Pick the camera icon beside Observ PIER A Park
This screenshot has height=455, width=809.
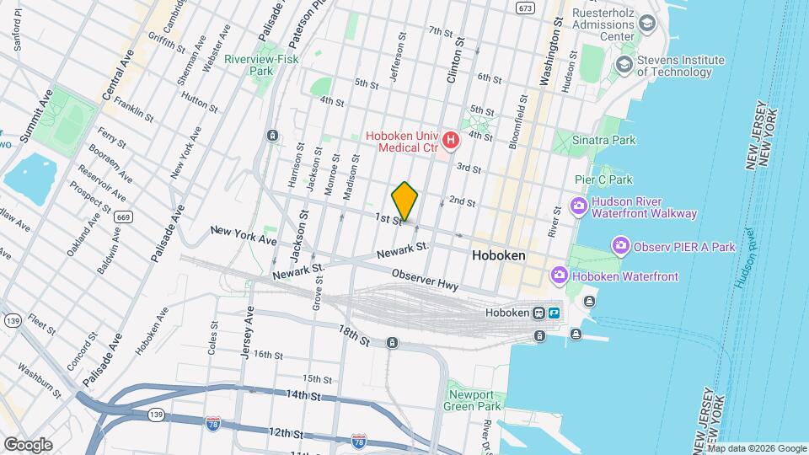pyautogui.click(x=621, y=246)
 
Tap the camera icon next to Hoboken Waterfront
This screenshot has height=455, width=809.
pyautogui.click(x=559, y=276)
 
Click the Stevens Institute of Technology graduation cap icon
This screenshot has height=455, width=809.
pyautogui.click(x=624, y=65)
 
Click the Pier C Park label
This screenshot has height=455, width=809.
pyautogui.click(x=603, y=179)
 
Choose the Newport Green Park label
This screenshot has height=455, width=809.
pyautogui.click(x=473, y=399)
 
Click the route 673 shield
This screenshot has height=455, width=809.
pyautogui.click(x=526, y=8)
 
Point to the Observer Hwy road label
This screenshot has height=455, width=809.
pyautogui.click(x=426, y=281)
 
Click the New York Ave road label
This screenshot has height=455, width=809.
pyautogui.click(x=244, y=235)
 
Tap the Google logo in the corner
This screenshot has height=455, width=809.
pyautogui.click(x=28, y=444)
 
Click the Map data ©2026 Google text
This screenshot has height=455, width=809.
pyautogui.click(x=756, y=448)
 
